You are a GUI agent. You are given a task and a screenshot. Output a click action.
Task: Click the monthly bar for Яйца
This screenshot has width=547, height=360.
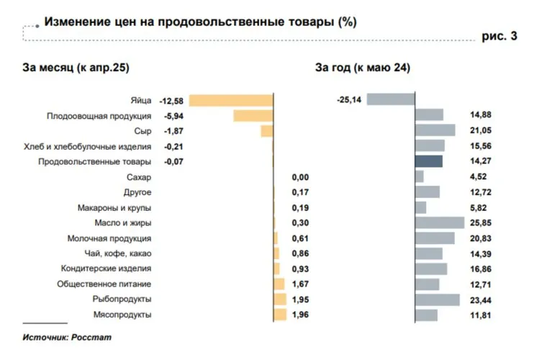(231, 100)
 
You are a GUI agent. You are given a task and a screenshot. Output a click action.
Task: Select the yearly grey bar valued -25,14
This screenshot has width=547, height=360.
(390, 100)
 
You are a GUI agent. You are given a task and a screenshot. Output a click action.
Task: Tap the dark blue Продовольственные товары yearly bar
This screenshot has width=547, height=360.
(428, 161)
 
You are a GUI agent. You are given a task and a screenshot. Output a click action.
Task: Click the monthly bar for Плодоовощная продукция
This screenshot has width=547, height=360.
(253, 115)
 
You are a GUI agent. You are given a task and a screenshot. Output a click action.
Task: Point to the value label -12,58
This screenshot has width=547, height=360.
(171, 100)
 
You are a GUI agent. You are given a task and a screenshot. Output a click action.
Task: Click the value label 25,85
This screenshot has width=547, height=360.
(479, 222)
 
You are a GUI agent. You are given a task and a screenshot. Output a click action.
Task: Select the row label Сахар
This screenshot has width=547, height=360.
(139, 176)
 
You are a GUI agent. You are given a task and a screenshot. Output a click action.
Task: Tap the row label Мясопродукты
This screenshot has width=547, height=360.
(122, 315)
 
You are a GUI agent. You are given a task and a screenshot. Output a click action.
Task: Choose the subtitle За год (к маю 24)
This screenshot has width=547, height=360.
(363, 68)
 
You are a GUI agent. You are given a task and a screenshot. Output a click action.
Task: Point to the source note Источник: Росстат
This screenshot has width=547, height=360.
(67, 337)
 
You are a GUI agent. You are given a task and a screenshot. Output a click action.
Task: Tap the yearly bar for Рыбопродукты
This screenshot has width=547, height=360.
(437, 300)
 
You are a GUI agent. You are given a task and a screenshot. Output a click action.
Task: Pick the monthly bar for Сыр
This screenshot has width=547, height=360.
(266, 131)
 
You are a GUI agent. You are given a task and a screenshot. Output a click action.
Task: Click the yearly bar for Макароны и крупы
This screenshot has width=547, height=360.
(420, 207)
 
